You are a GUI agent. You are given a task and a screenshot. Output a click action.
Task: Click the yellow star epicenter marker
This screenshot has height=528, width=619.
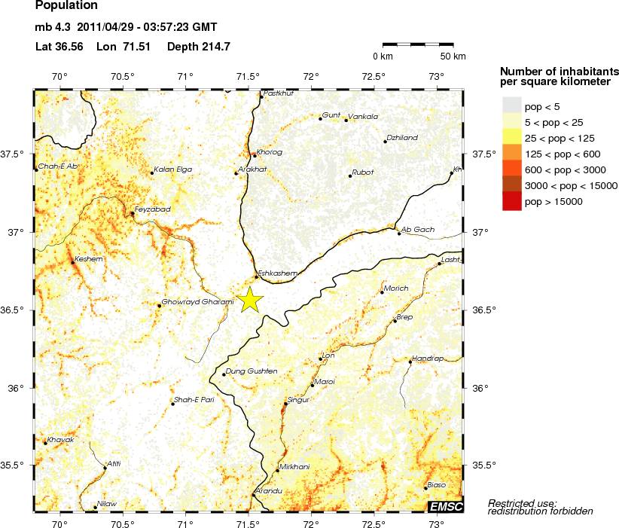[251, 301]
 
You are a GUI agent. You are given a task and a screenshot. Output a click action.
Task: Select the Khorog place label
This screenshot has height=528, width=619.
[270, 152]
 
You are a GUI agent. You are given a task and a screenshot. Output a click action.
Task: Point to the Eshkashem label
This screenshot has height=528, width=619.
[278, 273]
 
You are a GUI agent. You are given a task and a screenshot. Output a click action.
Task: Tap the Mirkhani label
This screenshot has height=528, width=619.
[294, 467]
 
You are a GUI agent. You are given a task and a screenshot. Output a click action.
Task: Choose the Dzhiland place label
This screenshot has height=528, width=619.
[401, 138]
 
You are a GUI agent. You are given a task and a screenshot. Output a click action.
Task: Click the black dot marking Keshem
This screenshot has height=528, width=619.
[72, 262]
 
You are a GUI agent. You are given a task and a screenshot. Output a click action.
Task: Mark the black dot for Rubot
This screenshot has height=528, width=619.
[350, 176]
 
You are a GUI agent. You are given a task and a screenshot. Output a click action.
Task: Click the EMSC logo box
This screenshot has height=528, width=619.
[446, 506]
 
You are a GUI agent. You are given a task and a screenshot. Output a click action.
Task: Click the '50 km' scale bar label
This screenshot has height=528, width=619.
[453, 56]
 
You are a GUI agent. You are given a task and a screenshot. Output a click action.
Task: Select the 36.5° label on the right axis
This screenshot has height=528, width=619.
[483, 310]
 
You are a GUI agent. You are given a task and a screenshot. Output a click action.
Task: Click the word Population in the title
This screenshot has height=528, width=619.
[66, 6]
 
